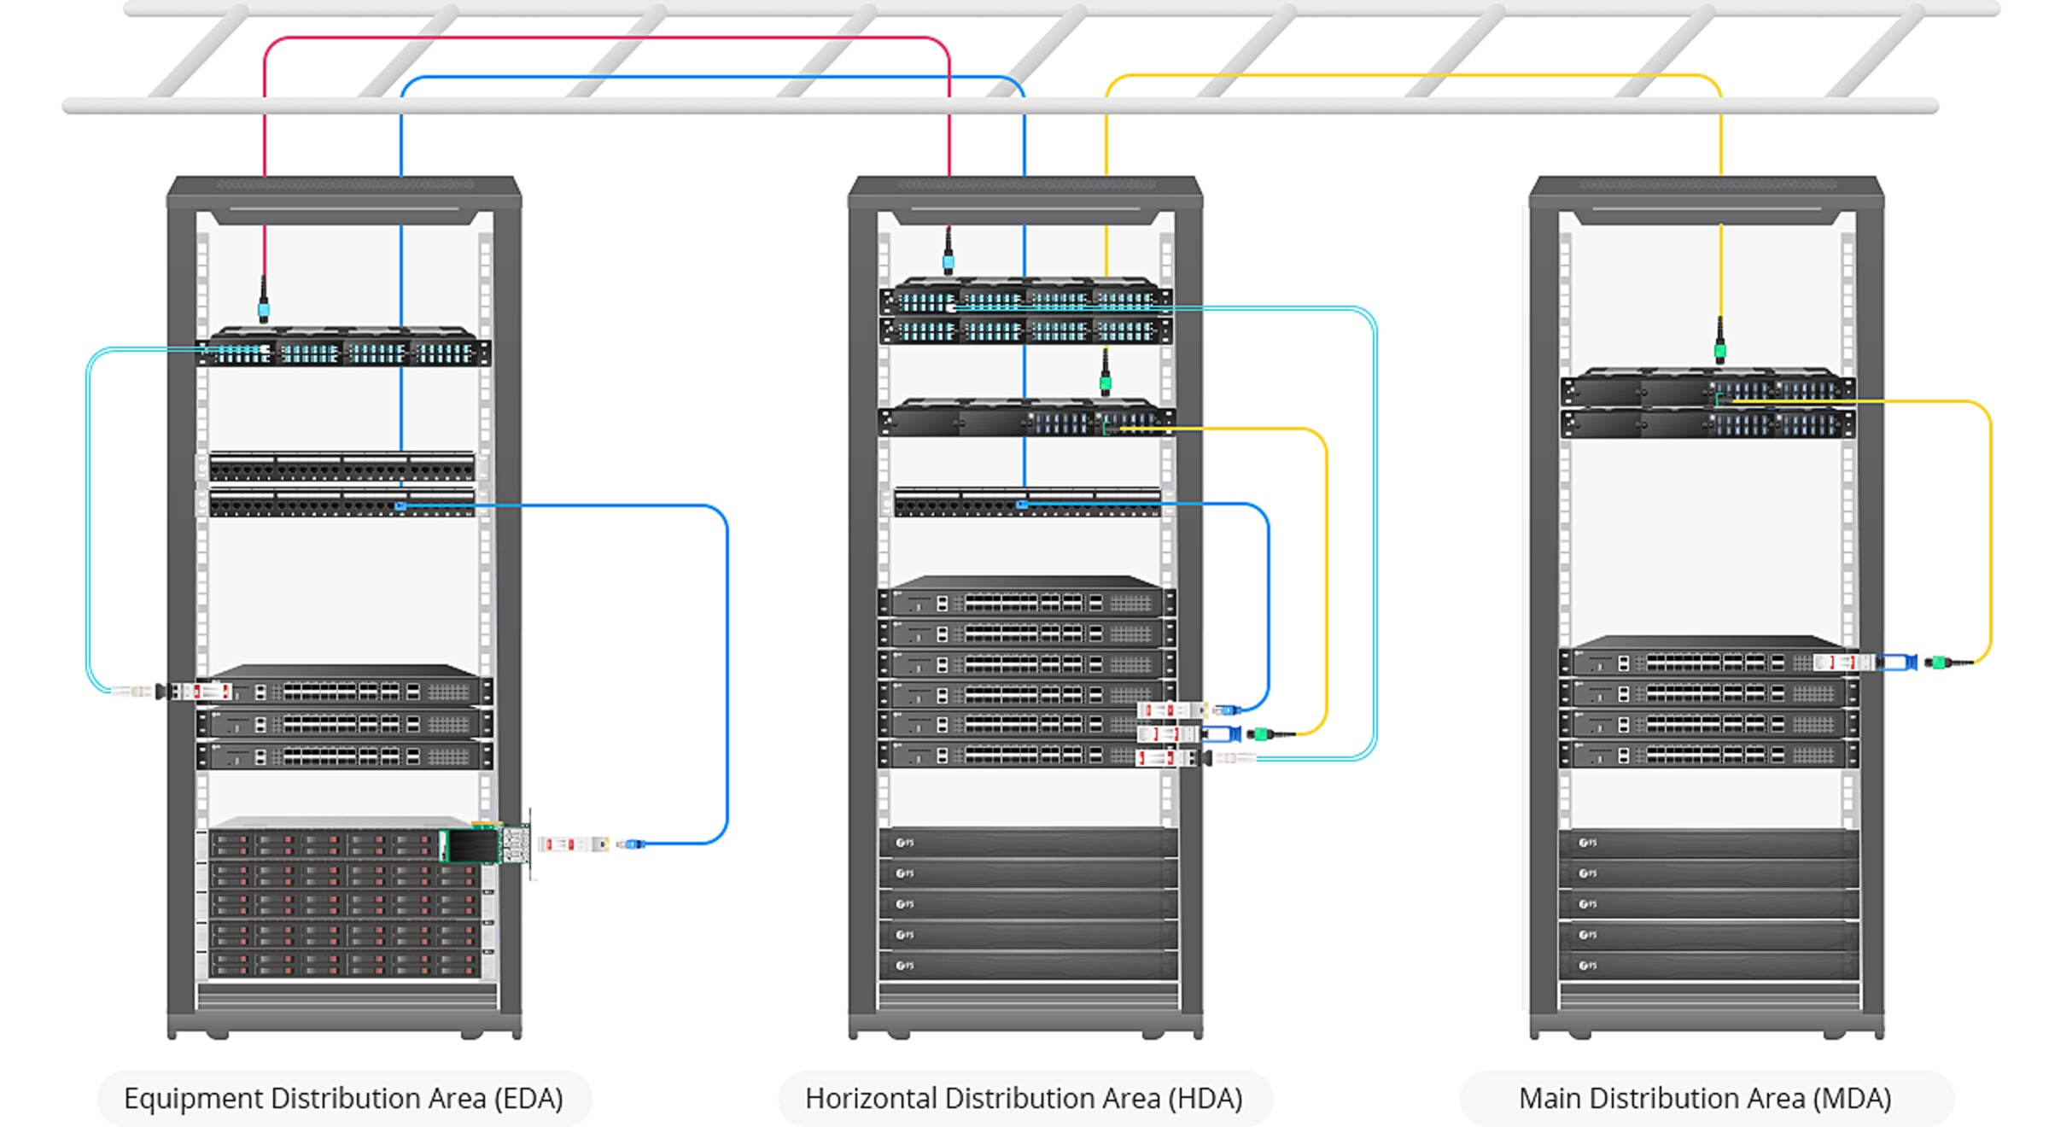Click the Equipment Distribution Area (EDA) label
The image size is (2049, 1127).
[x=343, y=1098]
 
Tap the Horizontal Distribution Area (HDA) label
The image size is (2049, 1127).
[x=1024, y=1098]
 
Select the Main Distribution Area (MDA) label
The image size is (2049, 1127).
[x=1705, y=1098]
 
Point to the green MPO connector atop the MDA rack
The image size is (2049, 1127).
[x=1720, y=348]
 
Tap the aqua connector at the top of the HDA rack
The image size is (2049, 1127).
[x=949, y=260]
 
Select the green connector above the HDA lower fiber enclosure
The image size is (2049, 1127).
[x=1106, y=382]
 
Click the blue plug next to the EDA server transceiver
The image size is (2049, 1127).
[x=632, y=844]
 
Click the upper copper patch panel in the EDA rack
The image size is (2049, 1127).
[x=341, y=468]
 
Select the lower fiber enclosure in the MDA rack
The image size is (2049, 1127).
[x=1707, y=424]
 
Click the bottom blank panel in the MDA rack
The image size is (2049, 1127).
[x=1707, y=966]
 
